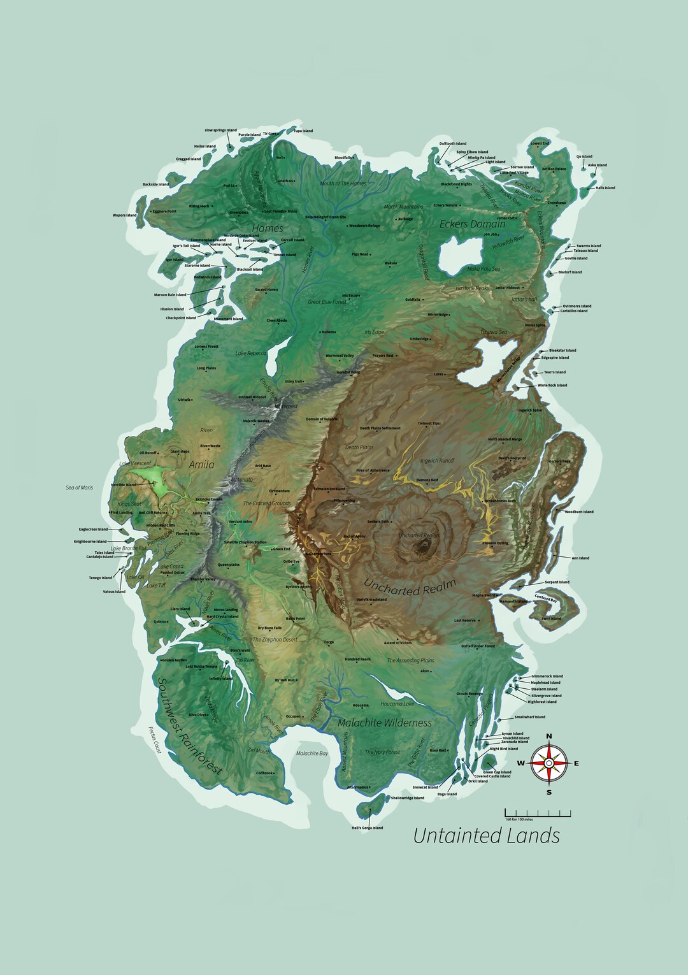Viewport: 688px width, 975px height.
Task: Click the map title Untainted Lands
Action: pyautogui.click(x=487, y=835)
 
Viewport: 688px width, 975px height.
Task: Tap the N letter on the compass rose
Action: pyautogui.click(x=549, y=737)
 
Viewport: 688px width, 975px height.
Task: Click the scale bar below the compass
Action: pyautogui.click(x=538, y=813)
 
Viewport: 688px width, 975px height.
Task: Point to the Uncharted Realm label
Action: pyautogui.click(x=410, y=586)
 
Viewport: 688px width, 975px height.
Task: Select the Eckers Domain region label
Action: pyautogui.click(x=473, y=224)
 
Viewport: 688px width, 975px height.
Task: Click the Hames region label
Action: pyautogui.click(x=268, y=228)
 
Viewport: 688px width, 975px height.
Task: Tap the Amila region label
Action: pyautogui.click(x=201, y=465)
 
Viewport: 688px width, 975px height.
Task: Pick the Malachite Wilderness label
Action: pyautogui.click(x=384, y=723)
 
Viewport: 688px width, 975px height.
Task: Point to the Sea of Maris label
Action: pyautogui.click(x=79, y=487)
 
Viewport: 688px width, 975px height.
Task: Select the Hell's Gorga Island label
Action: pyautogui.click(x=368, y=828)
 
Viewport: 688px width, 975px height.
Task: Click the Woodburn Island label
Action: pyautogui.click(x=578, y=512)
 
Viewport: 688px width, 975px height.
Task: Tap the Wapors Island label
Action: pyautogui.click(x=125, y=215)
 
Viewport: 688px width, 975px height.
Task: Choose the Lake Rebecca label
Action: pyautogui.click(x=250, y=353)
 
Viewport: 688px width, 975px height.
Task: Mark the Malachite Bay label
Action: pyautogui.click(x=312, y=753)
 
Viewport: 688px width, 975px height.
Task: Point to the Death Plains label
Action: pyautogui.click(x=359, y=447)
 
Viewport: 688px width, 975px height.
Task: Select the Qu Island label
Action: pyautogui.click(x=584, y=156)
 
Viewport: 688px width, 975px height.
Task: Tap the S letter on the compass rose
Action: pyautogui.click(x=549, y=792)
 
